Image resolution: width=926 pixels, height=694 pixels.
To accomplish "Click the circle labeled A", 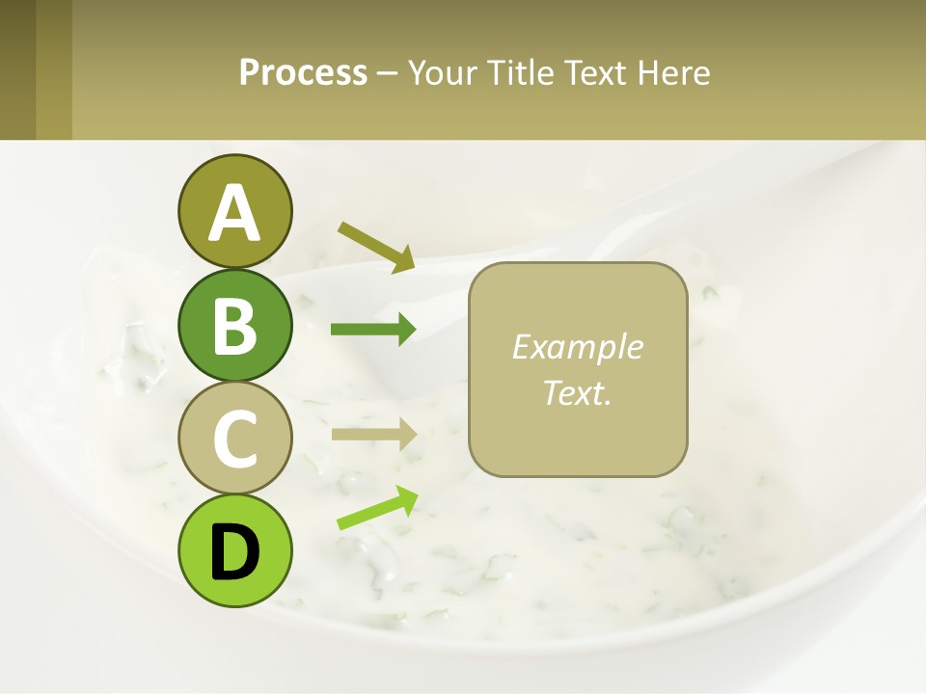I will click(x=234, y=211).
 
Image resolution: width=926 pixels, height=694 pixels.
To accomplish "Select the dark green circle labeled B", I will click(x=234, y=325).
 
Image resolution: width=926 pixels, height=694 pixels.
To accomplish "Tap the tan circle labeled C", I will click(x=234, y=438).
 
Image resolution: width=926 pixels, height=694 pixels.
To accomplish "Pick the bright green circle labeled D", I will click(x=234, y=550).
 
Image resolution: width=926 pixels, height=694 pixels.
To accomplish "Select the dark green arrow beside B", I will click(x=373, y=330).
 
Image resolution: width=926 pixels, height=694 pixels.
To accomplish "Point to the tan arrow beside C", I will click(x=373, y=435).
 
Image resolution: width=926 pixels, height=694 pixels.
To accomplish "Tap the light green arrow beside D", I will click(x=377, y=508).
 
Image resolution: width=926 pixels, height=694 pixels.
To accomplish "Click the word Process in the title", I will click(x=303, y=73).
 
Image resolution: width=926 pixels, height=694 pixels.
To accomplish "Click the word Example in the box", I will click(x=577, y=347).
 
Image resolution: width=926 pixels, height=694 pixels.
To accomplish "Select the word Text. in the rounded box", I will click(x=577, y=392).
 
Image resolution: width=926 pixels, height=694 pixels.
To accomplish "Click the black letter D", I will click(x=234, y=552).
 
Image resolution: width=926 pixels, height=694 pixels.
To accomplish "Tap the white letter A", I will click(x=234, y=213).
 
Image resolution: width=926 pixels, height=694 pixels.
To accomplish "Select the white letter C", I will click(x=234, y=440).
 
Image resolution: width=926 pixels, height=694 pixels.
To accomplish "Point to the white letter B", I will click(x=234, y=327).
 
